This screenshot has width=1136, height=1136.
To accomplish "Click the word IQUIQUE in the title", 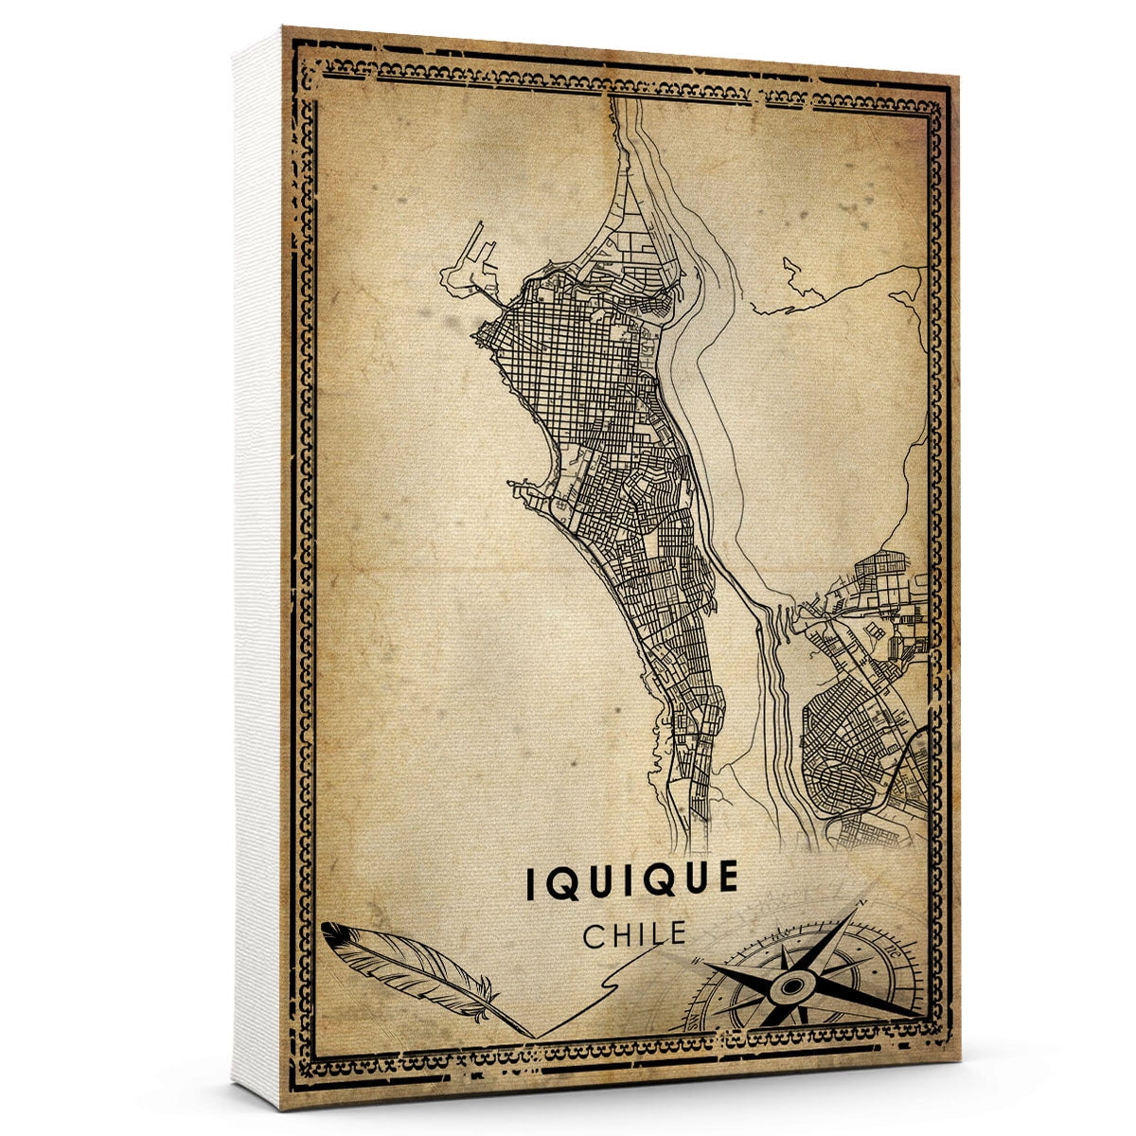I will click(x=631, y=878).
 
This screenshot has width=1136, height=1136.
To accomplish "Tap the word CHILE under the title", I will click(x=634, y=934).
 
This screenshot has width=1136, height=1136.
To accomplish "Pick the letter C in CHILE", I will click(x=595, y=935).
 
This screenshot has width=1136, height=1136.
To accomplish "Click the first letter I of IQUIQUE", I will click(x=532, y=879).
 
